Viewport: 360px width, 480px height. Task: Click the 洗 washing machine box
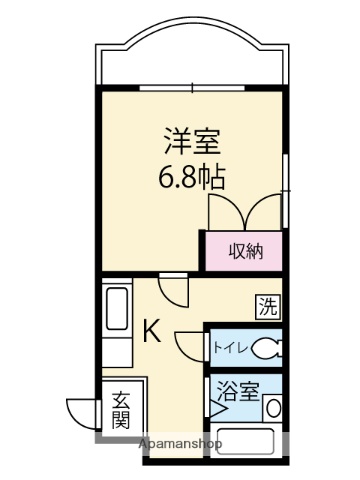click(268, 305)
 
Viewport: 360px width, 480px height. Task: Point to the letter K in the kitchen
click(152, 331)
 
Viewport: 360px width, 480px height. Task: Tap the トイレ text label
click(228, 348)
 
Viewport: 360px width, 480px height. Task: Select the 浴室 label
click(238, 393)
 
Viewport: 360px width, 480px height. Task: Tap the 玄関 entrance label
click(121, 410)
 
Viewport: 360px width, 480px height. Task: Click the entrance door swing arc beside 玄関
click(80, 410)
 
